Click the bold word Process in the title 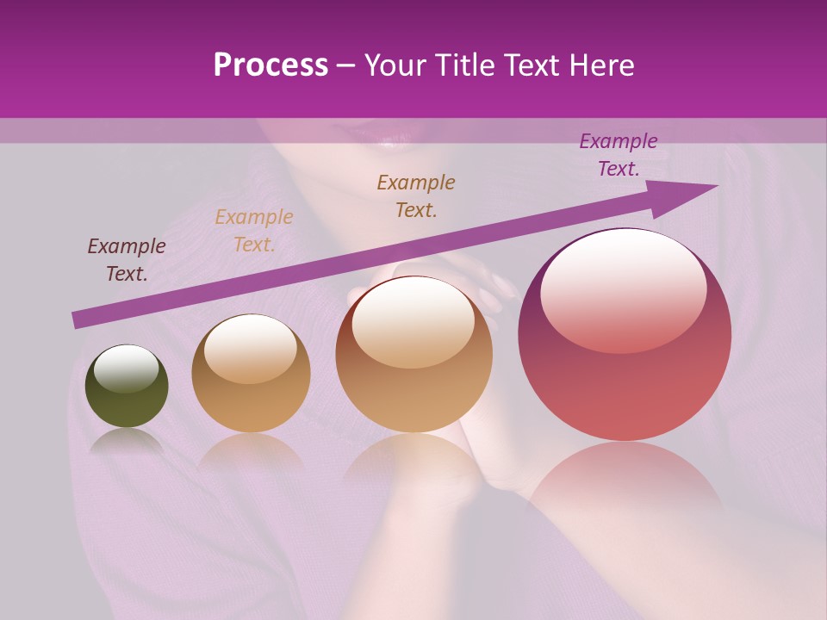point(270,65)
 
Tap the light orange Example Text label point(254,231)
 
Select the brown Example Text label point(416,195)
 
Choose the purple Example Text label point(618,155)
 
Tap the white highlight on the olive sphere point(127,369)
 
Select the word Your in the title point(395,65)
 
